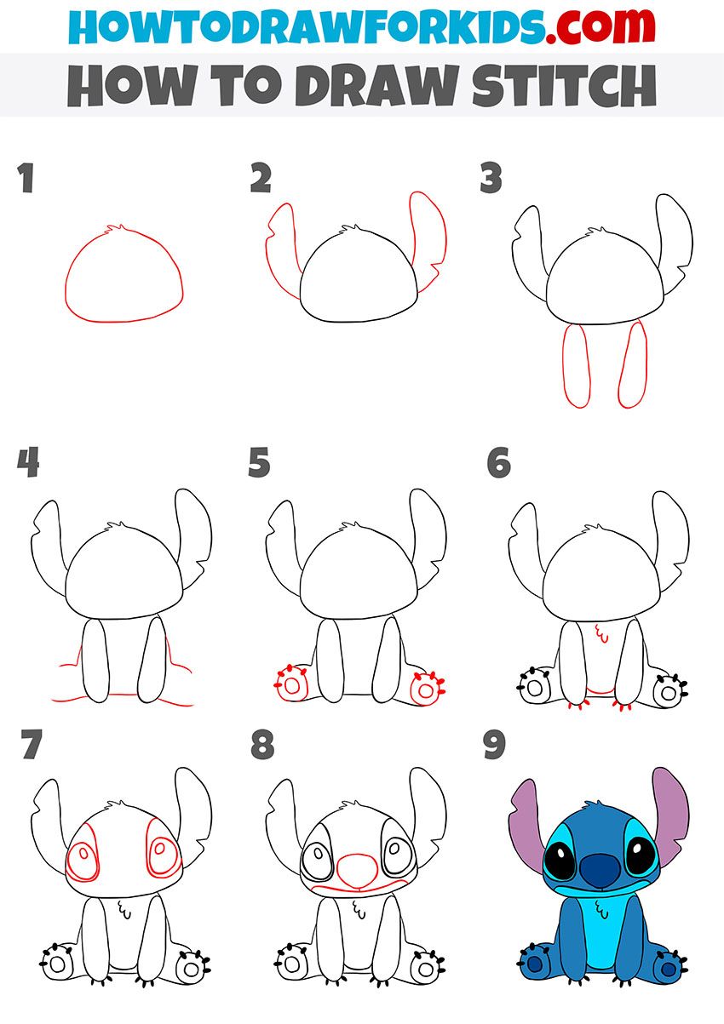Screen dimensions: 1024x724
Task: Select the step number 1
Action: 26,180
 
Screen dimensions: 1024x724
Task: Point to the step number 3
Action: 491,180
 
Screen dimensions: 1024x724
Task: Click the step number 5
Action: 259,464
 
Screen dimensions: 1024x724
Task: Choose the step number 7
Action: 31,746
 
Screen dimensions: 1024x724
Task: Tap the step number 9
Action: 494,746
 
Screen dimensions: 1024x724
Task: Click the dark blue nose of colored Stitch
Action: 604,869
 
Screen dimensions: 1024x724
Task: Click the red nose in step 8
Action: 355,868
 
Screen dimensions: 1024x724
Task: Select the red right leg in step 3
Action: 633,366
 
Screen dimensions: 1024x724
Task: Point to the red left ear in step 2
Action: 282,247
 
